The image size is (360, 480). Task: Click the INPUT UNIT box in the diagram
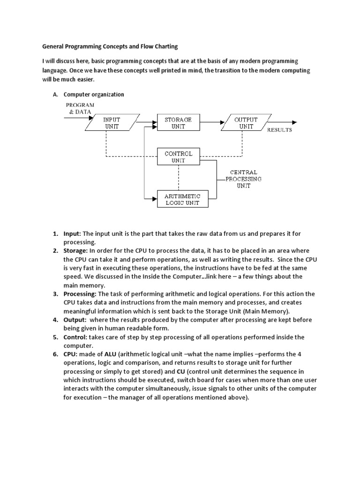(x=112, y=123)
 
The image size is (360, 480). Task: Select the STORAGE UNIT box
(x=178, y=123)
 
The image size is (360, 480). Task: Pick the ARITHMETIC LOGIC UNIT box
(x=182, y=199)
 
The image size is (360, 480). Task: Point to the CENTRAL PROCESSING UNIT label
(x=243, y=179)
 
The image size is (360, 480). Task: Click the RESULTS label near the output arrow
(x=279, y=130)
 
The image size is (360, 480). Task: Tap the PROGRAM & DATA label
(x=80, y=108)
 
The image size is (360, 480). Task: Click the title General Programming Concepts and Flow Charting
(x=110, y=47)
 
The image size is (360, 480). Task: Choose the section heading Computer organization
(x=94, y=94)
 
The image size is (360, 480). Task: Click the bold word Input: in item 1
(x=73, y=233)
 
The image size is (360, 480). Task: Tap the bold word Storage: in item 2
(x=75, y=251)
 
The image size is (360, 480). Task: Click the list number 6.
(x=55, y=354)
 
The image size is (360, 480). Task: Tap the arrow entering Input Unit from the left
(x=75, y=117)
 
